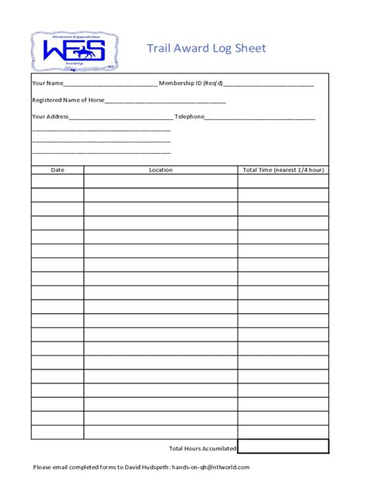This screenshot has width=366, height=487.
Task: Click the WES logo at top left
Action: point(74,51)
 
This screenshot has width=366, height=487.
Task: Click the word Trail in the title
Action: point(158,49)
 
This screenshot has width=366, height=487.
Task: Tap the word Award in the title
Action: point(195,49)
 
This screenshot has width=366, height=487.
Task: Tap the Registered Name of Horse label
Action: point(68,100)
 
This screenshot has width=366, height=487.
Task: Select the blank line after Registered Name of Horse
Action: point(165,101)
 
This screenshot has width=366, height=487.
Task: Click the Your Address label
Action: point(50,117)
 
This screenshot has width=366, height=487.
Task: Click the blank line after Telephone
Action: point(260,117)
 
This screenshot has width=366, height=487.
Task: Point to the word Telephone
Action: point(189,117)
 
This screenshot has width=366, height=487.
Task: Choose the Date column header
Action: point(58,169)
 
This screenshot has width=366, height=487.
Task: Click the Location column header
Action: point(161,169)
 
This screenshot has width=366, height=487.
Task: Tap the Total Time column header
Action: point(283,169)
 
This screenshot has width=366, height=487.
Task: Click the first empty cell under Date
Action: point(58,181)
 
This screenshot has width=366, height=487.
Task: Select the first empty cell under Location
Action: point(161,181)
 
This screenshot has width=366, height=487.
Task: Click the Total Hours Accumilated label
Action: point(202,448)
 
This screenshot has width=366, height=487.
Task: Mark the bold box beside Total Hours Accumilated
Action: point(283,447)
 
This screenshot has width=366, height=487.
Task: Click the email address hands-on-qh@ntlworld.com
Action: point(211,467)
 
